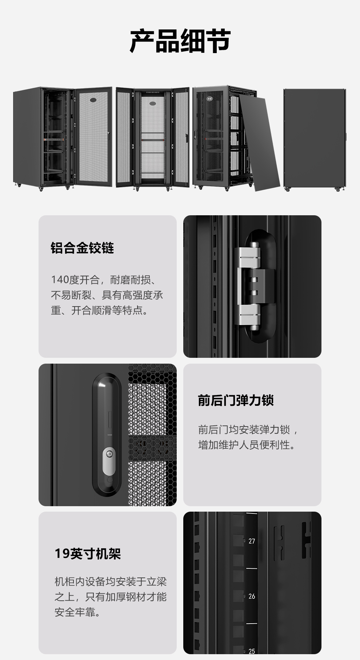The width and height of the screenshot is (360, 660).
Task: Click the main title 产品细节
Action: (x=180, y=41)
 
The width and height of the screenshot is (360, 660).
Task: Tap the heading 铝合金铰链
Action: (x=82, y=248)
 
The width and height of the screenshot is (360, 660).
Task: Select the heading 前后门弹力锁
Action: (x=236, y=400)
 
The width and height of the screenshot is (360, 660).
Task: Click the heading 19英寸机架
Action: (x=88, y=553)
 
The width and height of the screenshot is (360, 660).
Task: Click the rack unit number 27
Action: (x=252, y=541)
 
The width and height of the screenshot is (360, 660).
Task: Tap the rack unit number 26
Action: (x=252, y=596)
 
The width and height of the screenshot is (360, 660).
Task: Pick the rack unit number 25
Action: (x=252, y=651)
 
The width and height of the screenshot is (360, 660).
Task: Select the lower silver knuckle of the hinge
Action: (x=249, y=317)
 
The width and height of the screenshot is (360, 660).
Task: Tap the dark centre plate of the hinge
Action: (x=261, y=286)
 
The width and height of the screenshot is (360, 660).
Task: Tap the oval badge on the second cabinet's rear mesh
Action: (x=153, y=103)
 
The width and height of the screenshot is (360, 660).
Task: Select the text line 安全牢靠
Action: (x=77, y=612)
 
